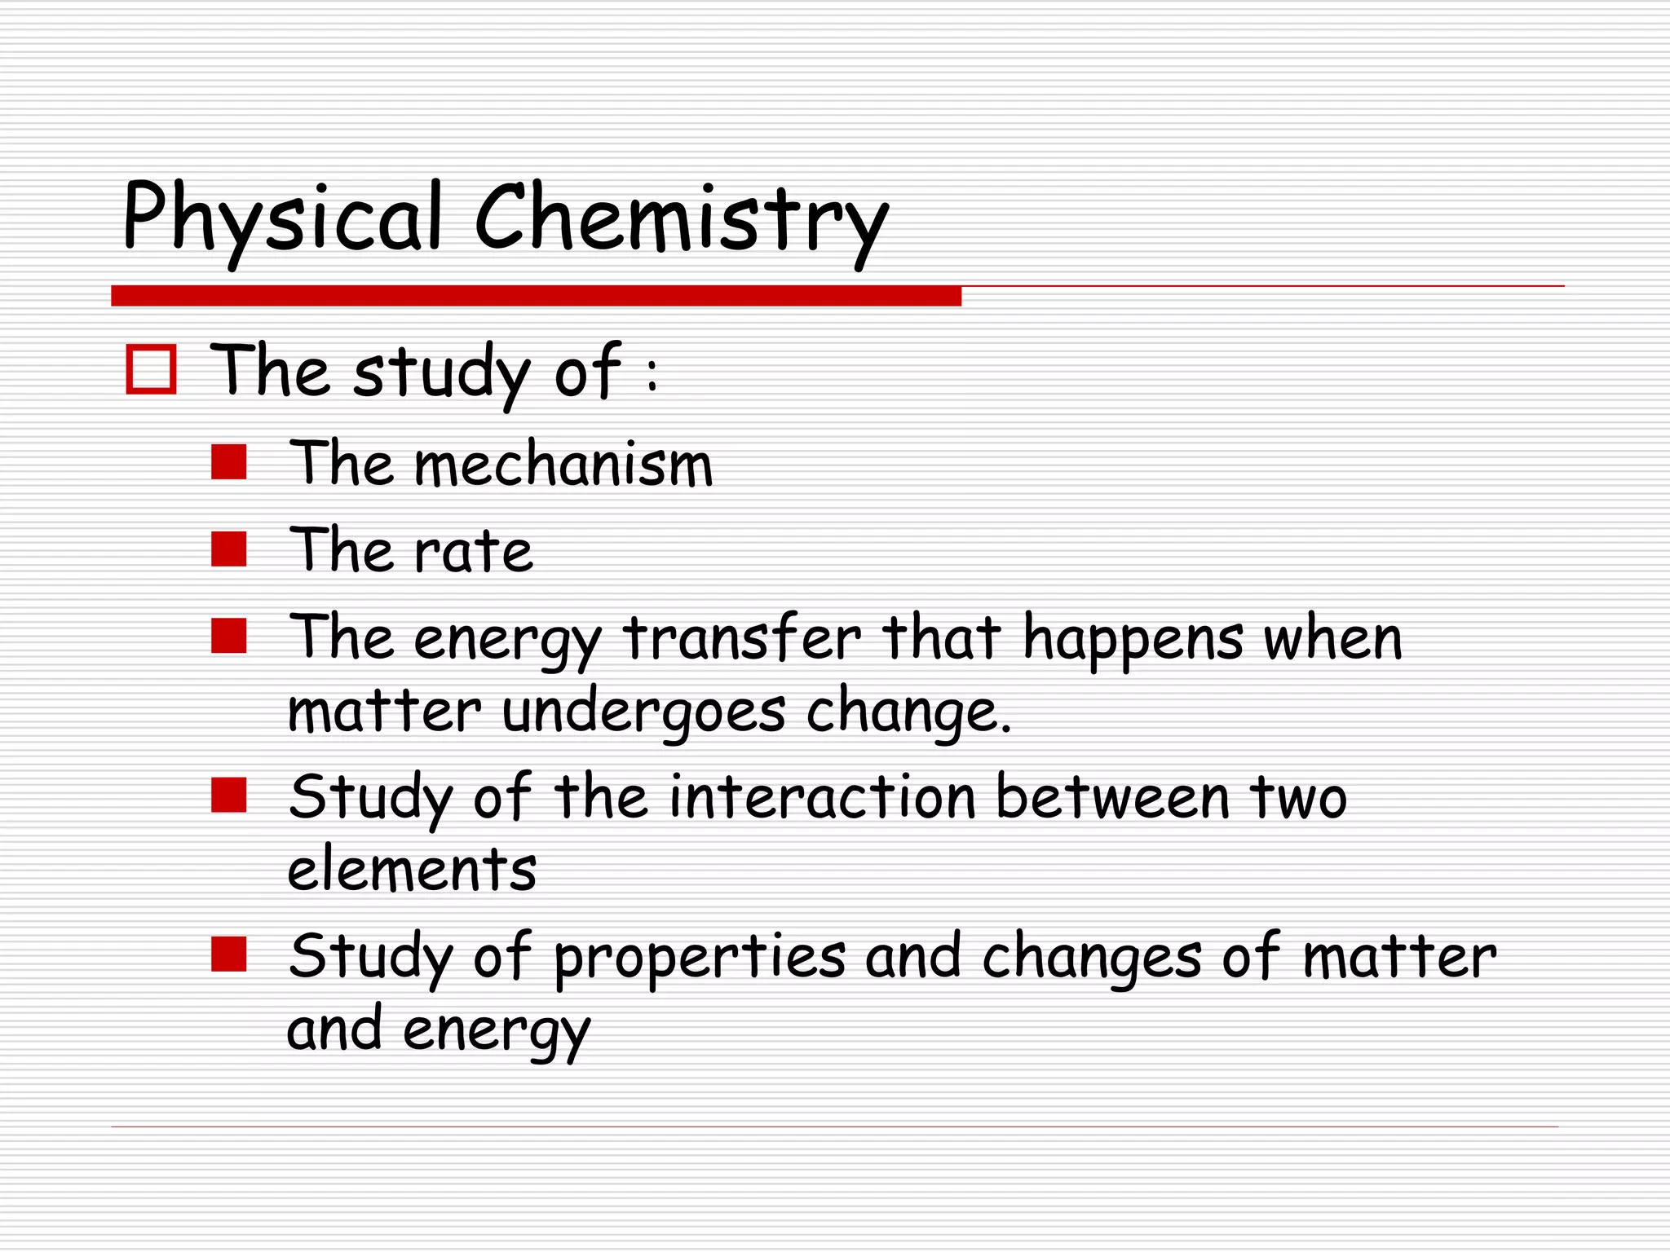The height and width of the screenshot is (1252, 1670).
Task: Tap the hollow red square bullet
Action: pyautogui.click(x=151, y=370)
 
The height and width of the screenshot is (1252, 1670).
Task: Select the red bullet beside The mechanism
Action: pyautogui.click(x=229, y=462)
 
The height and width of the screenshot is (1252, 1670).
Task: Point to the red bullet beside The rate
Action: pyautogui.click(x=229, y=549)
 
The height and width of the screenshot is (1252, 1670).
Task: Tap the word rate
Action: pyautogui.click(x=473, y=551)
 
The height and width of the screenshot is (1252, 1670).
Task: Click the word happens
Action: pyautogui.click(x=1133, y=640)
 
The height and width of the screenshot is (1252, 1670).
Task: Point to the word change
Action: pyautogui.click(x=907, y=712)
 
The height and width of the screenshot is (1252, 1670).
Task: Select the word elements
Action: pyautogui.click(x=413, y=869)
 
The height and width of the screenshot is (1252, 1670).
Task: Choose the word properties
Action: pyautogui.click(x=700, y=959)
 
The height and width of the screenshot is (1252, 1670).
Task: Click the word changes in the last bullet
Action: pyautogui.click(x=1092, y=959)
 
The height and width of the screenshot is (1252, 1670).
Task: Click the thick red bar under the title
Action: pyautogui.click(x=536, y=296)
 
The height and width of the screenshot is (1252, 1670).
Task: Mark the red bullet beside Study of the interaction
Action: pyautogui.click(x=229, y=795)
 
